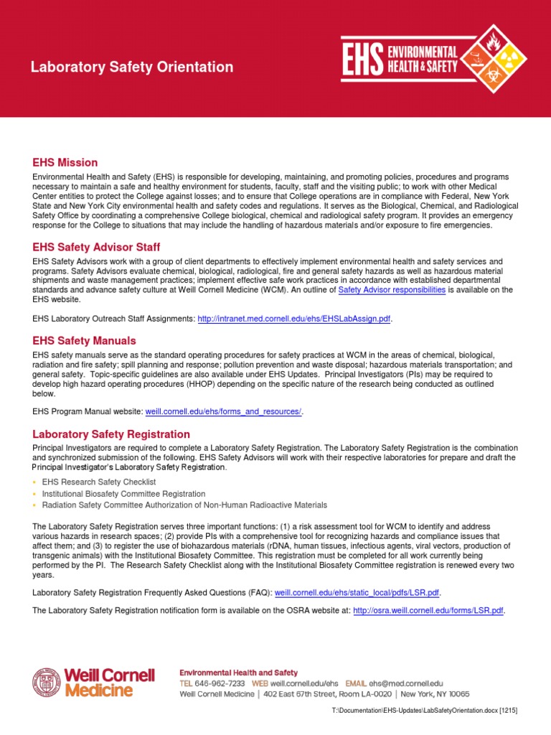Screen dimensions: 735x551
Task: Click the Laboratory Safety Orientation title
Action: (x=131, y=67)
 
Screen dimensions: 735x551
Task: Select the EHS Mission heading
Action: (x=65, y=163)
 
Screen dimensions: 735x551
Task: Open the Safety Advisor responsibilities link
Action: (x=382, y=290)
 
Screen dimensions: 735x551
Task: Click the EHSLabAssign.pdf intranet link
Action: (x=294, y=318)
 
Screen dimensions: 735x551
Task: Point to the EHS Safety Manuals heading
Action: (x=84, y=340)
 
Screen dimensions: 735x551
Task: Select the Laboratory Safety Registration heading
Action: (x=111, y=434)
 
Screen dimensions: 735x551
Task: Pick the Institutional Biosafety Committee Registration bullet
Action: (x=123, y=494)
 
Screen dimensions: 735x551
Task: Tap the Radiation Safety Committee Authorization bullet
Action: (x=184, y=505)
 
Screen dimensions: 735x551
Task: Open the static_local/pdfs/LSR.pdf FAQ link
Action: (x=357, y=592)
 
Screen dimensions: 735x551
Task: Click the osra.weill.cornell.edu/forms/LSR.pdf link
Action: (x=428, y=611)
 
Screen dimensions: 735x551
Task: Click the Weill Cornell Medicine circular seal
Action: (x=47, y=682)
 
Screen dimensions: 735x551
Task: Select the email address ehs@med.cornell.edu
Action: (x=405, y=684)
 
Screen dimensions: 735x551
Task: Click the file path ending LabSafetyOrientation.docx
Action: (x=424, y=710)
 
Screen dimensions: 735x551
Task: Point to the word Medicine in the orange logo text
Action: (x=98, y=690)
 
